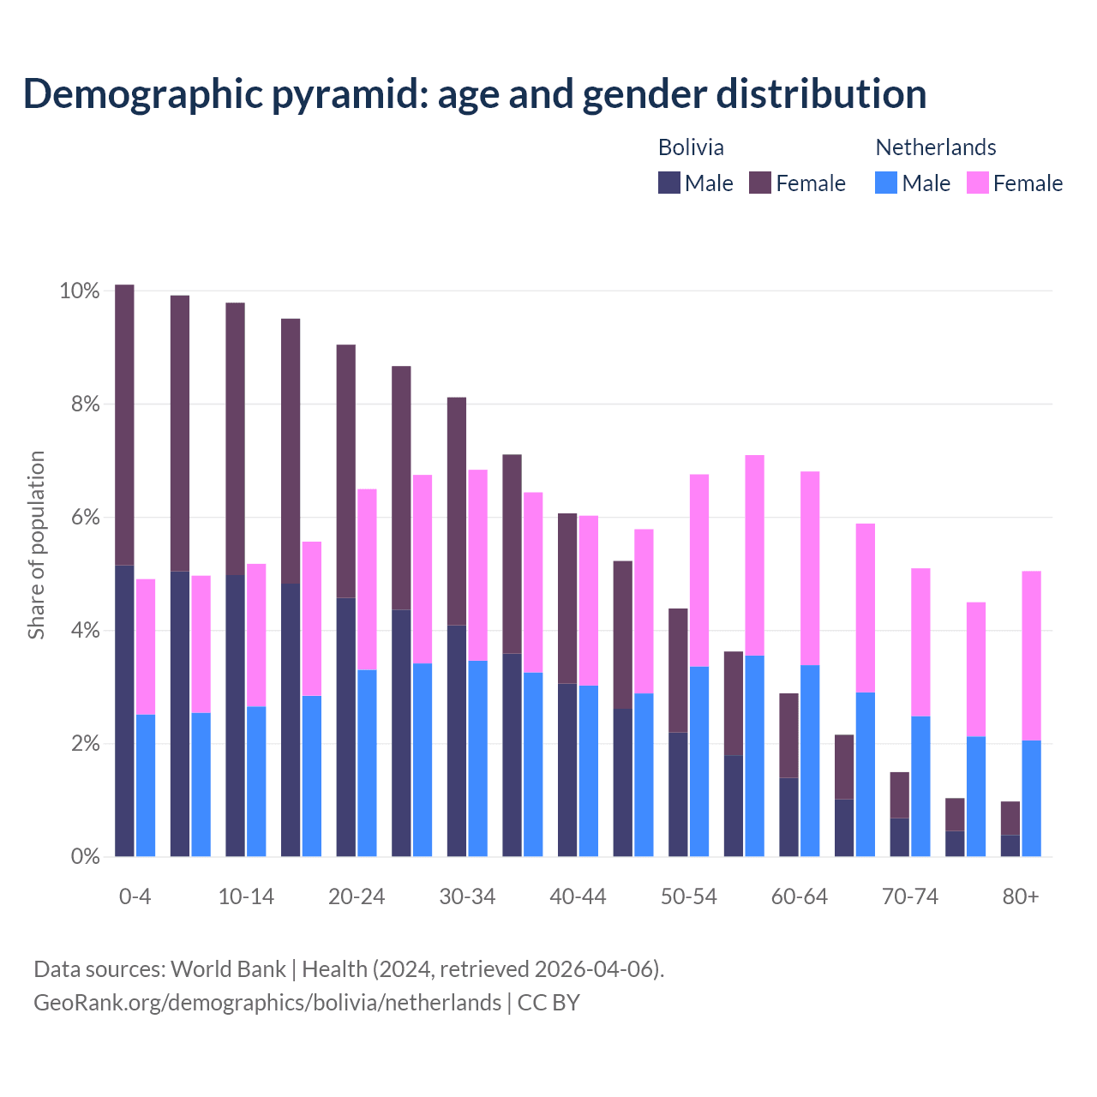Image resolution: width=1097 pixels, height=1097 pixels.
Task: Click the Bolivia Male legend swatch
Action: coord(669,183)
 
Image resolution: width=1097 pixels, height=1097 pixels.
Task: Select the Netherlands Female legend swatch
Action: coord(978,183)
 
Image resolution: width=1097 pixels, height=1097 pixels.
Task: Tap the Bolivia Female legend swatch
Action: coord(760,183)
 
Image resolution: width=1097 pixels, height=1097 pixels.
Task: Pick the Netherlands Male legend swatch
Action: coord(886,183)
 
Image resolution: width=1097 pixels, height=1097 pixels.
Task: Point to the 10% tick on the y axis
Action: coord(79,291)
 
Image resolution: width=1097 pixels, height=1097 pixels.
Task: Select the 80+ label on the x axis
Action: coord(1021,897)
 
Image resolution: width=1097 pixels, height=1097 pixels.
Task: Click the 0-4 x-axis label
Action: coord(135,897)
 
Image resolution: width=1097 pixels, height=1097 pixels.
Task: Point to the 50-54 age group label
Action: coord(689,897)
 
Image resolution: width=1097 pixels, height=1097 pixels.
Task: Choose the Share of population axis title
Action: coord(36,545)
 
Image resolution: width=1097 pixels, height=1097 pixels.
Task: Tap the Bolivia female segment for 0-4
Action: coord(124,424)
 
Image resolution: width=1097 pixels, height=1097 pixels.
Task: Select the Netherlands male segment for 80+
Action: coord(1032,798)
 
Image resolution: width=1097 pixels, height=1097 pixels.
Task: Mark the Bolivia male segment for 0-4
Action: coord(124,710)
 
